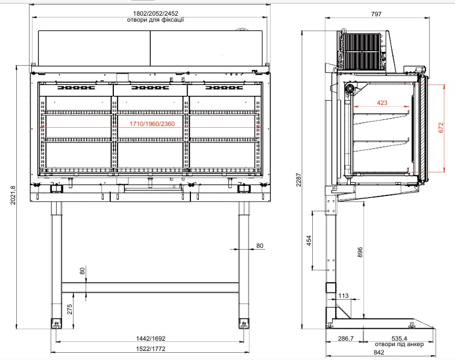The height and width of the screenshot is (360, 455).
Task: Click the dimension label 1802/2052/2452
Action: [x=155, y=14]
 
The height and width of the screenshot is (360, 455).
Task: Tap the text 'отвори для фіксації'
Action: [x=155, y=20]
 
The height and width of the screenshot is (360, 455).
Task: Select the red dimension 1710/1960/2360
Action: [x=152, y=124]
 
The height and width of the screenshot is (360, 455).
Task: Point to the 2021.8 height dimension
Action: [x=13, y=195]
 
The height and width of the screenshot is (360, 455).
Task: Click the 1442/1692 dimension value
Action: [x=151, y=338]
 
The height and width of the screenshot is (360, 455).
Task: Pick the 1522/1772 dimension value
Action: [x=151, y=349]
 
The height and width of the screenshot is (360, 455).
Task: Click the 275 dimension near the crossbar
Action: [x=69, y=309]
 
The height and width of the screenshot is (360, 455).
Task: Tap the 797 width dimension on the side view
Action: [x=376, y=14]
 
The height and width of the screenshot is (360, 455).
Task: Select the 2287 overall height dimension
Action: [x=298, y=180]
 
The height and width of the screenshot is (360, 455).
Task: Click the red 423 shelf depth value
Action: [x=382, y=103]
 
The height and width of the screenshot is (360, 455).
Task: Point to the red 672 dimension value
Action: [x=441, y=128]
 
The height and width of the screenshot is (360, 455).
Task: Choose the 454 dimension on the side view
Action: [x=309, y=241]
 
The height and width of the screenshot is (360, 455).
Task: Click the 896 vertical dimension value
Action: [x=360, y=252]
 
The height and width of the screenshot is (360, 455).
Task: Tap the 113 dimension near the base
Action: [x=344, y=295]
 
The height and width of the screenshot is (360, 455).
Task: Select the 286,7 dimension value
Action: [x=346, y=338]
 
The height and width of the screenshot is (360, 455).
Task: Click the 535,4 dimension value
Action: [x=400, y=338]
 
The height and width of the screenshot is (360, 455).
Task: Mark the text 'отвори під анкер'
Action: [x=400, y=344]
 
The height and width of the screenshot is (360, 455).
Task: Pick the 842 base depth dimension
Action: [x=379, y=352]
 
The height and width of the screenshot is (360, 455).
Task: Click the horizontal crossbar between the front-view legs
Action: [x=150, y=288]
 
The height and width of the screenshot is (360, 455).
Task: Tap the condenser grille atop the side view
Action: [x=362, y=51]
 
